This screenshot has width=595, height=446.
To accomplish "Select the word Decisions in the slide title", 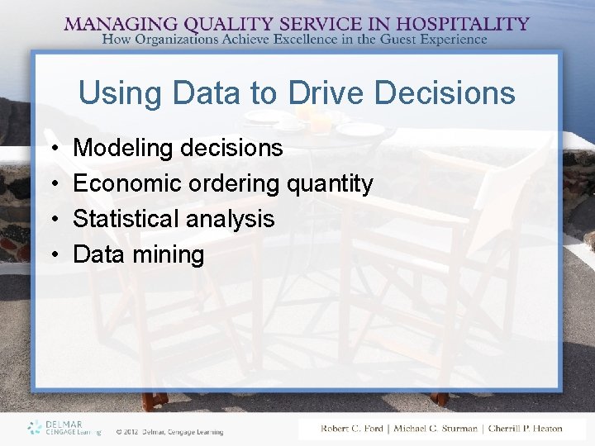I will click(x=453, y=93).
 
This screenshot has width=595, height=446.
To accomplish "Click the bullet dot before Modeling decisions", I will click(x=52, y=149).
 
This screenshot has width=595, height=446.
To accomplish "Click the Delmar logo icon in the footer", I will click(x=34, y=427).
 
